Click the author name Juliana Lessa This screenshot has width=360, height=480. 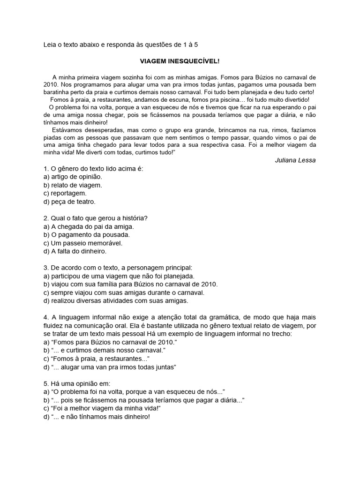coord(295,160)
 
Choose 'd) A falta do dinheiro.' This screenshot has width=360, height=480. coord(75,251)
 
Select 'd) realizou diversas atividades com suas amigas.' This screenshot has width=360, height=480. coord(115,300)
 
